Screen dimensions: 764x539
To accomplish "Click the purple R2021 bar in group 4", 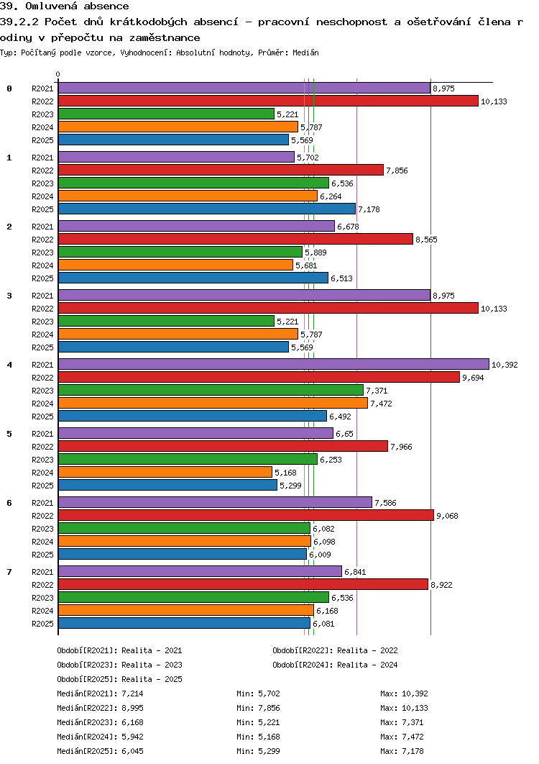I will (273, 364).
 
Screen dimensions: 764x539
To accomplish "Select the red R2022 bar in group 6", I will (246, 515).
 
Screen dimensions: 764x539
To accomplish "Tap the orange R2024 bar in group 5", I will (165, 472).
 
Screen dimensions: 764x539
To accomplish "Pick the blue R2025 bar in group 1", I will (206, 209).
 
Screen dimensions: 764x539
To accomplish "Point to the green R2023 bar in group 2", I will (180, 252).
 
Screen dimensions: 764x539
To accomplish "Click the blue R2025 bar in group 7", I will (183, 623).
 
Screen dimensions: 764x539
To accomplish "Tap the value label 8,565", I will (426, 240).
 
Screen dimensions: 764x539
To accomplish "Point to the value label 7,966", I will (401, 447).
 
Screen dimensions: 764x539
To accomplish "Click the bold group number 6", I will (9, 502).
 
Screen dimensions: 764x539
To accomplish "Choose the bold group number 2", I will (9, 226).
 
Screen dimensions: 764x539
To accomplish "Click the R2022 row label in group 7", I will (43, 585).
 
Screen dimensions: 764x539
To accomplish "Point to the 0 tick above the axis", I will (58, 74).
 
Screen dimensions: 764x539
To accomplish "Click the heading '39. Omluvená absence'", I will (65, 6).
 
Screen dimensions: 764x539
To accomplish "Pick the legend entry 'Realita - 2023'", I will (152, 665).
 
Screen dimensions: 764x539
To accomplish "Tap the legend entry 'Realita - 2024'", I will (367, 665).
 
